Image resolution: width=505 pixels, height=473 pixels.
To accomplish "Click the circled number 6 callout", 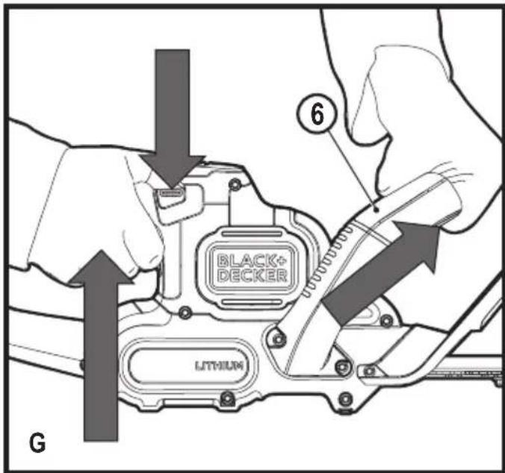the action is (x=317, y=114).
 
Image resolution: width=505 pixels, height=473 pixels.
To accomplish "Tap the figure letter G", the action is (x=37, y=443).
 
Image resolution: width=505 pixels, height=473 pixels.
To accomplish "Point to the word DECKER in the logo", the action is (x=252, y=275).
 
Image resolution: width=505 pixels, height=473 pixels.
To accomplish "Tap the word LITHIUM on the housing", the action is (x=219, y=366).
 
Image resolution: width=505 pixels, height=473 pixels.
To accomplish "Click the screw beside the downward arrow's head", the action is (x=235, y=184).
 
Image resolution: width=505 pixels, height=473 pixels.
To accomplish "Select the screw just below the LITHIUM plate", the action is (x=227, y=398).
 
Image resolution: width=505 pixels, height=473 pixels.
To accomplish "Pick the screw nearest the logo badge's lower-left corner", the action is (x=185, y=313).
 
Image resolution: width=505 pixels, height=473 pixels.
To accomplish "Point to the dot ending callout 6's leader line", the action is (x=376, y=209).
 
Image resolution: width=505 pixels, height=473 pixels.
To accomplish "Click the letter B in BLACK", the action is (x=222, y=261).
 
